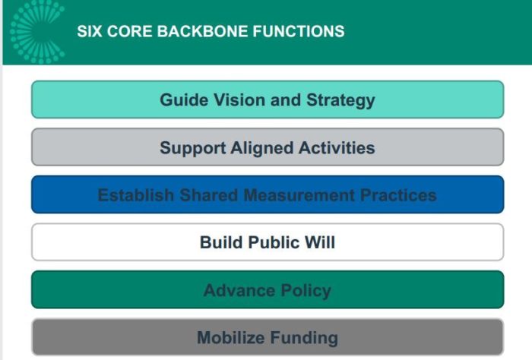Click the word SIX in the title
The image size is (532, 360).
point(88,32)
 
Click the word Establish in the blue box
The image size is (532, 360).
point(136,195)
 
